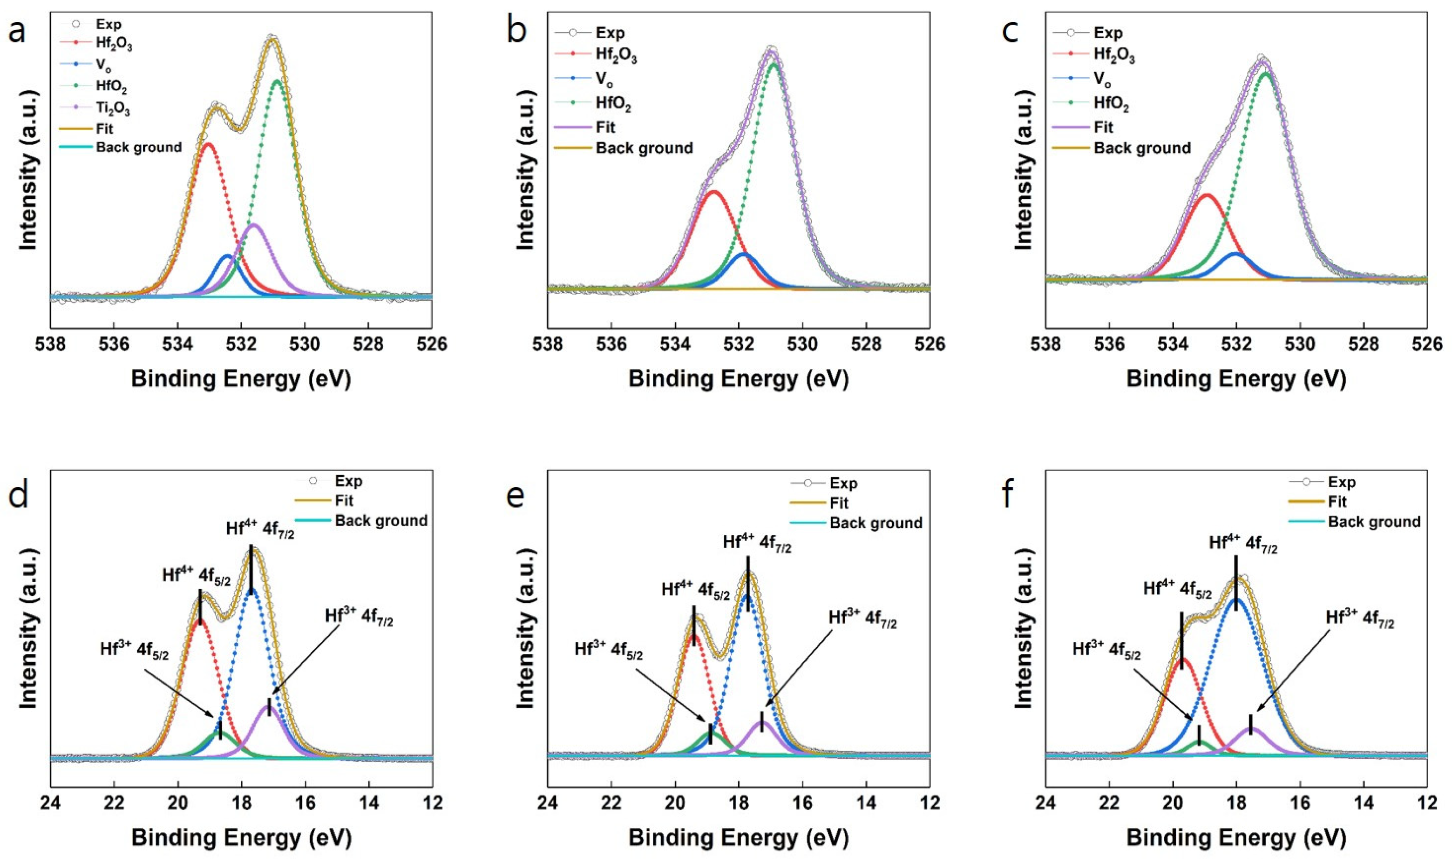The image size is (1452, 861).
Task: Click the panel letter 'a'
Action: pyautogui.click(x=17, y=32)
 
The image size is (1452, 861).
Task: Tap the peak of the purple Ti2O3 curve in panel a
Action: pyautogui.click(x=254, y=224)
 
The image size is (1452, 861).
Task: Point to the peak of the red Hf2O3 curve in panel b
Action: pyautogui.click(x=714, y=191)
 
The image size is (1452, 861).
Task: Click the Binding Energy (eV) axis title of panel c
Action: pyautogui.click(x=1236, y=378)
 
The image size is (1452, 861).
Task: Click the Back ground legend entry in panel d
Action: pyautogui.click(x=381, y=520)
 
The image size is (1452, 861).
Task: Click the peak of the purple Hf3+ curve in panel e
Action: pyautogui.click(x=762, y=722)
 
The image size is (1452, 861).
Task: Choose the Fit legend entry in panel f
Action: pyautogui.click(x=1337, y=501)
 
